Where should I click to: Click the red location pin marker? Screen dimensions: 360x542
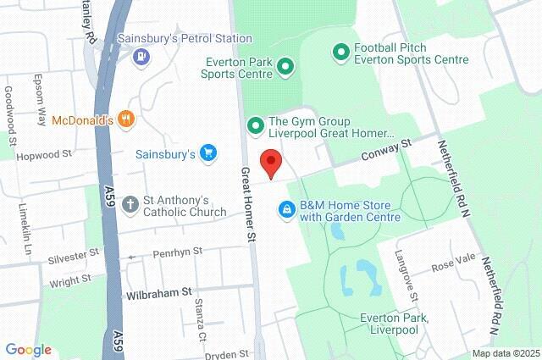[x=270, y=162]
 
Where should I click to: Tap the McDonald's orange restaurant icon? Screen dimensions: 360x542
[x=126, y=119]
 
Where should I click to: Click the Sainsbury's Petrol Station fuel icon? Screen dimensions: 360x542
[x=141, y=57]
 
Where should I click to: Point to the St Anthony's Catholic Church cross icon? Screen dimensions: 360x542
[x=130, y=204]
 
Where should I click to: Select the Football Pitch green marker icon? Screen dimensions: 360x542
[x=341, y=53]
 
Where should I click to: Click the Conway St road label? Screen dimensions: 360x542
[x=385, y=151]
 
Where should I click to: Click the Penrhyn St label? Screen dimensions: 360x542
[x=177, y=252]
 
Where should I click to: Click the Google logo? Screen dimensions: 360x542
[x=28, y=350]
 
